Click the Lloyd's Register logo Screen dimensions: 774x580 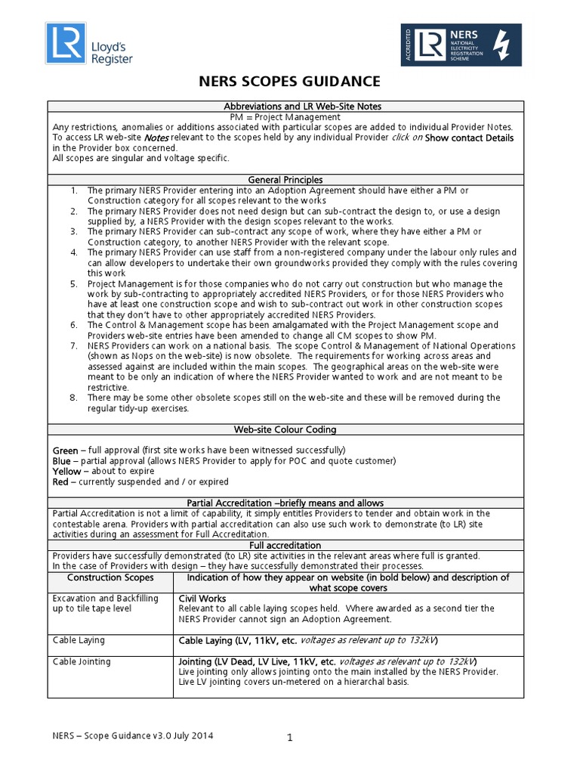tap(89, 44)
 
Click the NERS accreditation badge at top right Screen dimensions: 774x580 tap(460, 43)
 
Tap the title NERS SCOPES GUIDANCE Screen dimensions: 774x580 tap(289, 82)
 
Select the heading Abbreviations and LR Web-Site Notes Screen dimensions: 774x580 tap(289, 107)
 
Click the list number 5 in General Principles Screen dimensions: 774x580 tap(73, 283)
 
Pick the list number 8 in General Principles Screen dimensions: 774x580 tap(73, 397)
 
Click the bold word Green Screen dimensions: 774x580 tap(65, 450)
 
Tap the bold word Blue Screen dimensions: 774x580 tap(62, 460)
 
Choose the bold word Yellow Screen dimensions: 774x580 tap(66, 471)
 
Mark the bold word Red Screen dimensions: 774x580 tap(60, 481)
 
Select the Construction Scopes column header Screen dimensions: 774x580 tap(110, 577)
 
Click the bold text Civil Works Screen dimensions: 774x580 tap(202, 598)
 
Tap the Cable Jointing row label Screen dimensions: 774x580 tap(82, 661)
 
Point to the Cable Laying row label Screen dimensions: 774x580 tap(79, 640)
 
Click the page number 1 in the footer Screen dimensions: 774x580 tap(289, 740)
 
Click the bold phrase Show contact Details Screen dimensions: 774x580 tap(469, 138)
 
